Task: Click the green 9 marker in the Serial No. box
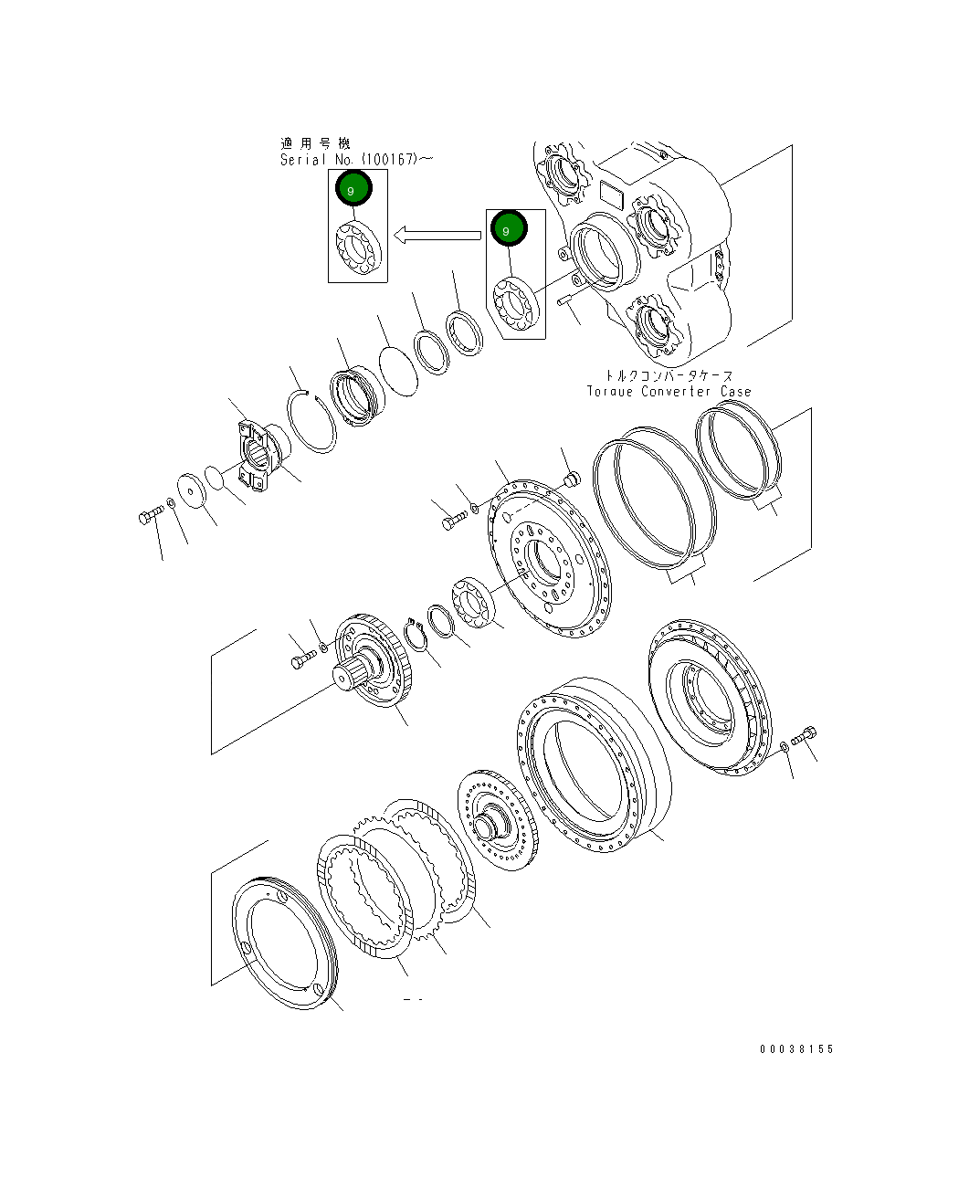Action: (x=353, y=189)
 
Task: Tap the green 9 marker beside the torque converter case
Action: (x=508, y=229)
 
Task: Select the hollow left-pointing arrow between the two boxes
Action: (x=437, y=236)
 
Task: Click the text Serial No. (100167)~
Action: (x=356, y=159)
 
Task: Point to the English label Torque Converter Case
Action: (x=669, y=391)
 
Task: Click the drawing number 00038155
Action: (x=796, y=1049)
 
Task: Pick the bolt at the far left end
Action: (x=149, y=518)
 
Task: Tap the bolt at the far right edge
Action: (x=806, y=734)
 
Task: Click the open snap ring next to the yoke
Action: (x=310, y=421)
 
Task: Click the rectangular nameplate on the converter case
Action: (x=609, y=194)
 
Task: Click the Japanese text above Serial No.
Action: (x=314, y=143)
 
